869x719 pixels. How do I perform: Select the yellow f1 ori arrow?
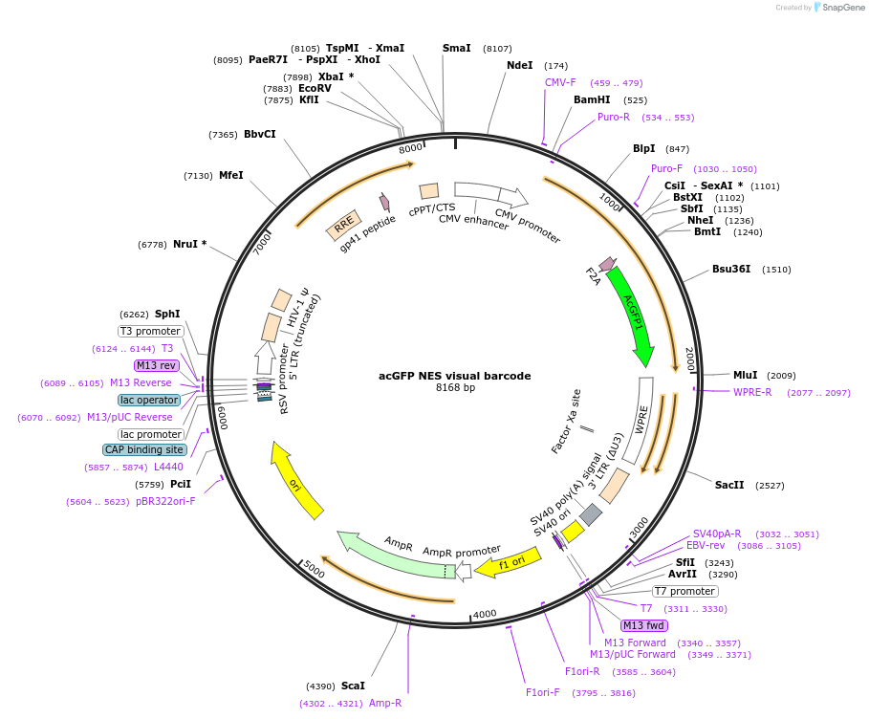coord(511,563)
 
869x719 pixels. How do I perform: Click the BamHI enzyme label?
coord(592,99)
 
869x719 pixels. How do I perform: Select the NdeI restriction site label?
coord(520,65)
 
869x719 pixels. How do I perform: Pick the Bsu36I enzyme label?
coord(731,269)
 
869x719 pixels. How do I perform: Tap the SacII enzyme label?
coord(729,485)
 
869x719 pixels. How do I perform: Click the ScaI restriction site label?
coord(353,686)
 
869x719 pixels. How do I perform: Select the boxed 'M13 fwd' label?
coord(642,625)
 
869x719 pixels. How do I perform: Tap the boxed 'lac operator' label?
coord(149,400)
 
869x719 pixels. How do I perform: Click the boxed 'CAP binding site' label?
coord(143,449)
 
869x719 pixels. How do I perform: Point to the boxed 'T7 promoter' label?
coord(684,591)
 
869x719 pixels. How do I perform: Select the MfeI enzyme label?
coord(231,175)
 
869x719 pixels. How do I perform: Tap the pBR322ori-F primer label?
coord(165,501)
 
